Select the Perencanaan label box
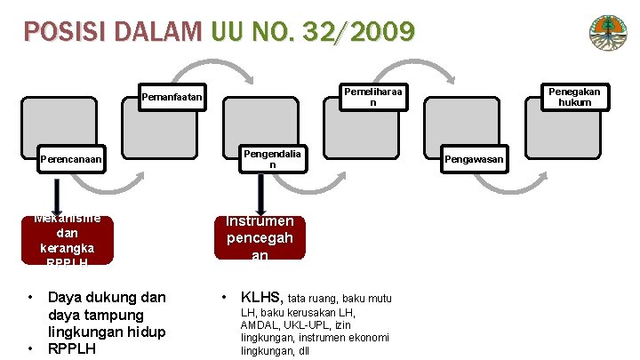71,160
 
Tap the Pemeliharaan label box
373,96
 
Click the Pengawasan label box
475,159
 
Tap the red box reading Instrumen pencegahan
260,238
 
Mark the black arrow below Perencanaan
57,195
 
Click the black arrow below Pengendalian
260,195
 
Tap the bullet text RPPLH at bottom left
72,349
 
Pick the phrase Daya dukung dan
107,296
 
